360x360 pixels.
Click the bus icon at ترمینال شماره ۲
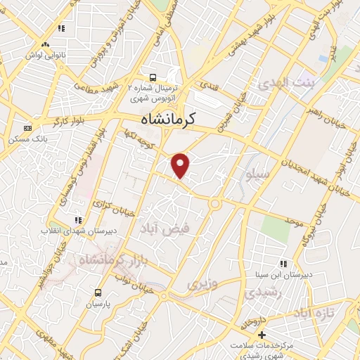tap(152, 78)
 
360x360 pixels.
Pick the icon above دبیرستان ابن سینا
tap(283, 263)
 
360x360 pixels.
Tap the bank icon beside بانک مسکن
tap(27, 128)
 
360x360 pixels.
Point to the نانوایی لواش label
tap(45, 54)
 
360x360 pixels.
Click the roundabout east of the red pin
tap(214, 204)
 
